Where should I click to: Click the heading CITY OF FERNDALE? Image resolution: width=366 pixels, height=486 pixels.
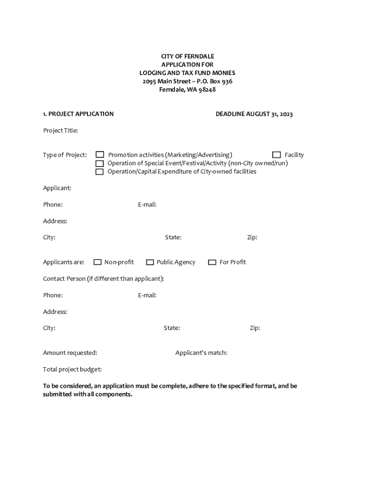point(187,56)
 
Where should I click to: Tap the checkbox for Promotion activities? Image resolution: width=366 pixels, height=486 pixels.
point(100,155)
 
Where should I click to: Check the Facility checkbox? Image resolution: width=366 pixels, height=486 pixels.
point(276,155)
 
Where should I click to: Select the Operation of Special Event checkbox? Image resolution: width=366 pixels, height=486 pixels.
point(100,163)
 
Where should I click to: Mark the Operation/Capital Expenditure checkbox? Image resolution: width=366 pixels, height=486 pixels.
point(100,171)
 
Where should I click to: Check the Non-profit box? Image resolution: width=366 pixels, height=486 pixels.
point(97,262)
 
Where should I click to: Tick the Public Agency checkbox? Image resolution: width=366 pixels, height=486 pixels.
point(150,262)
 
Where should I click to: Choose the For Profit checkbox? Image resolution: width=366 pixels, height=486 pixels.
point(212,262)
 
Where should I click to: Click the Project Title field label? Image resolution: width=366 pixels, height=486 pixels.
point(60,131)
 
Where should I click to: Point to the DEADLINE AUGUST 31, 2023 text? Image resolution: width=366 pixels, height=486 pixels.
point(254,114)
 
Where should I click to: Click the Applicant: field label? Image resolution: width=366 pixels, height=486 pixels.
point(57,188)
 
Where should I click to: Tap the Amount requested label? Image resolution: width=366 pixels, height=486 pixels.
point(70,353)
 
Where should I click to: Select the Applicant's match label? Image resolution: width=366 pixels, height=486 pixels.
point(201,353)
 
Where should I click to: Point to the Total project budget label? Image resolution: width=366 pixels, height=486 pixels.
point(72,369)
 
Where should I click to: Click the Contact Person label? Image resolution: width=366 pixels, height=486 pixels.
point(103,279)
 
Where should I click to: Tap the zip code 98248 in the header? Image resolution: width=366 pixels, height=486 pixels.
point(207,90)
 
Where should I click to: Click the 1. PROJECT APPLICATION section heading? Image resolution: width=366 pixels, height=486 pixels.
point(78,114)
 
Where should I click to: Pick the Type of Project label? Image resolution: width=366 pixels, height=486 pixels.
point(65,155)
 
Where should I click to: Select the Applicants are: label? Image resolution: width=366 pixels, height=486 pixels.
point(64,262)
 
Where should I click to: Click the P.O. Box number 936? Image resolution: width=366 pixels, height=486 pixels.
point(227,81)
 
